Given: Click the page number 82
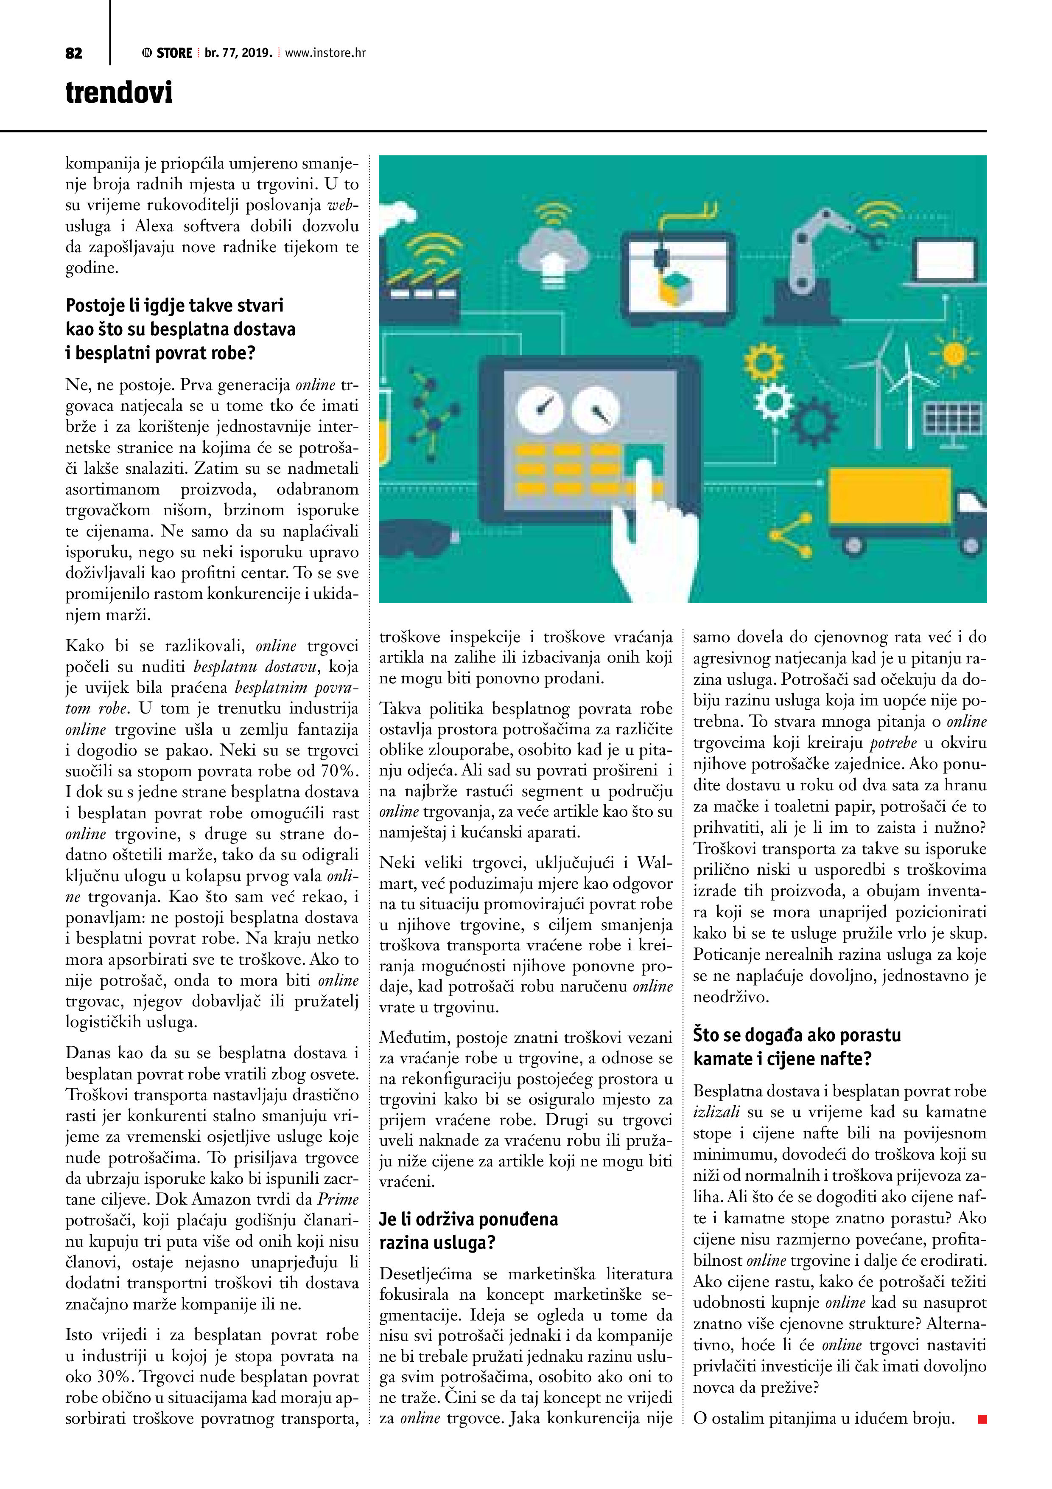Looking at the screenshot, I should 74,53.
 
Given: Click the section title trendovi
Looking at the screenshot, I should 119,92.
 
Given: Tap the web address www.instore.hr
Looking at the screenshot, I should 325,53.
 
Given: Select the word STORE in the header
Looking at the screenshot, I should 174,53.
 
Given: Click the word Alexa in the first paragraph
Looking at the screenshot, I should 154,226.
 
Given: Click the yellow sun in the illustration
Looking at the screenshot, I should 954,354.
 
